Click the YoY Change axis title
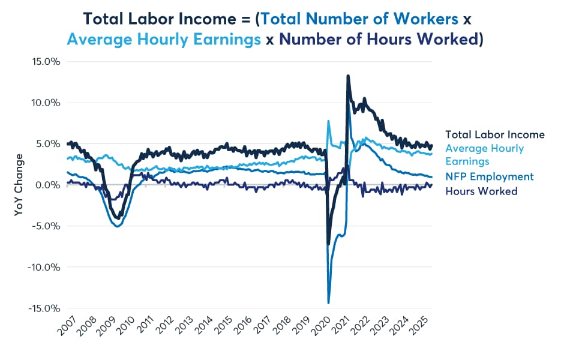pos(19,185)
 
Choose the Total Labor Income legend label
pos(494,134)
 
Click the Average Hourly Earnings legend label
pos(484,155)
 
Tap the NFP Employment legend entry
pos(489,176)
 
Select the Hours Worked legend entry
pos(481,191)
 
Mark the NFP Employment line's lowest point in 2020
pos(329,303)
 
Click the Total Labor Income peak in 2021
pos(348,76)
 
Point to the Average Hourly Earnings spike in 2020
pos(328,121)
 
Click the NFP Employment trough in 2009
pos(118,226)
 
